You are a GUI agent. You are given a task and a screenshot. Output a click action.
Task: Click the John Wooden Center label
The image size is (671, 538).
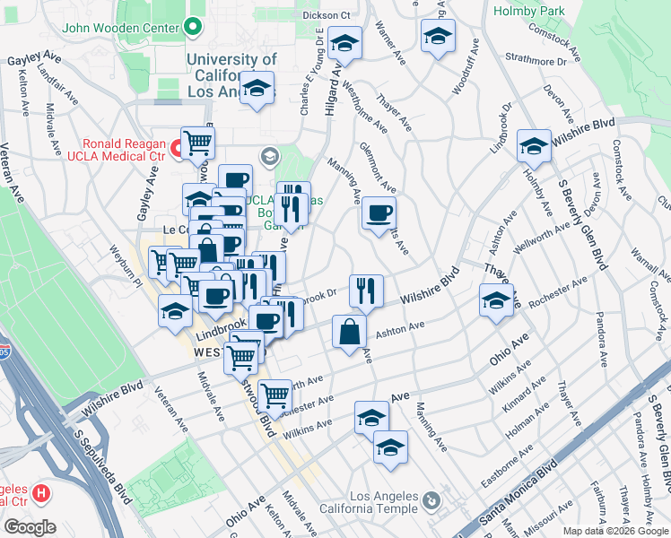pyautogui.click(x=120, y=27)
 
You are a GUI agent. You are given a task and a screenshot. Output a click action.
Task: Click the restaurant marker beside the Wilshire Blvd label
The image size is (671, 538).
pyautogui.click(x=366, y=290)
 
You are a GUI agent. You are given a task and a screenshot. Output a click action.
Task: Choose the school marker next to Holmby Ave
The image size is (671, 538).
pyautogui.click(x=534, y=145)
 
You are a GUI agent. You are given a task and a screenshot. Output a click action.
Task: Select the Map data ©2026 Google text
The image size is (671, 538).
pyautogui.click(x=615, y=531)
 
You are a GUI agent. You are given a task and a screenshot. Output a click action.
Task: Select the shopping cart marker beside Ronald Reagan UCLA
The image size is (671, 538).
pyautogui.click(x=197, y=142)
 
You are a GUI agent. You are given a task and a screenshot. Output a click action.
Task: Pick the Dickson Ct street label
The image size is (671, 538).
pyautogui.click(x=327, y=16)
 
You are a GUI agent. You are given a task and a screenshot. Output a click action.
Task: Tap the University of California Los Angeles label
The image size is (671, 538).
pyautogui.click(x=232, y=75)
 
